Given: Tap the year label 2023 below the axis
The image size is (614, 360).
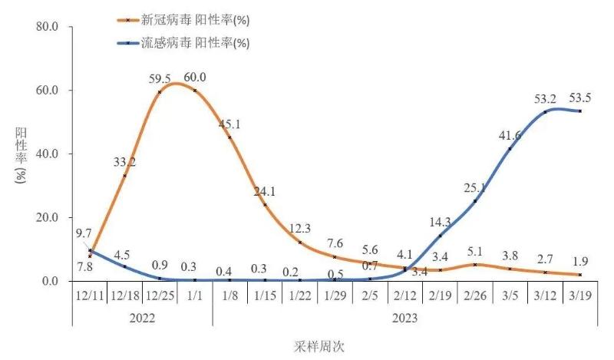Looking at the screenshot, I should [x=404, y=315].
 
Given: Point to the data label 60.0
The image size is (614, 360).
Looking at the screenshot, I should [x=194, y=77].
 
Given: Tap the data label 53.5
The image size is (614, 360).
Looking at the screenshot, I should [x=579, y=98].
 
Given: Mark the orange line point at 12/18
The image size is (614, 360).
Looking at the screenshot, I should [x=125, y=176].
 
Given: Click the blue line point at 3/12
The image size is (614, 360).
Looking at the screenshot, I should [x=545, y=112].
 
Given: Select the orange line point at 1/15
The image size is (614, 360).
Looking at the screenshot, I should [x=265, y=204].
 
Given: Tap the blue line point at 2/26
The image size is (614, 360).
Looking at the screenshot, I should [x=475, y=201].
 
